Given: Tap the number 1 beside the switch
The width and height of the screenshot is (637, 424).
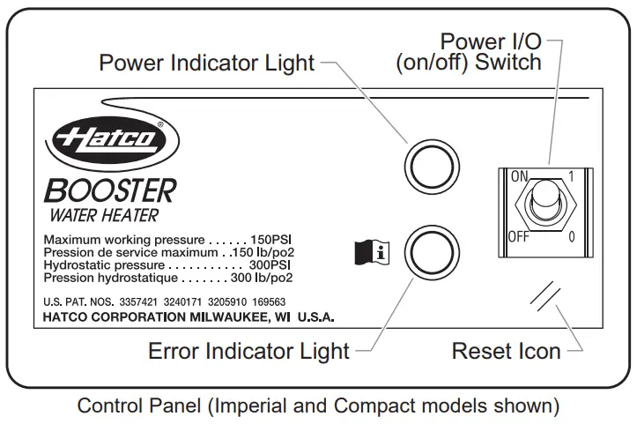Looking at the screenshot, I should [572, 176].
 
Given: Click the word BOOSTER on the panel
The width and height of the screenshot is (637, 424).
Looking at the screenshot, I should [110, 190].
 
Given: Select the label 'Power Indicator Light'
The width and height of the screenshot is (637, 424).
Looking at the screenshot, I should [206, 63].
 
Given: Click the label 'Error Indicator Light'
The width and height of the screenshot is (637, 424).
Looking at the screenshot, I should [249, 351].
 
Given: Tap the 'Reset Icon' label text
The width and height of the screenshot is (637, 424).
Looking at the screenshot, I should [506, 351].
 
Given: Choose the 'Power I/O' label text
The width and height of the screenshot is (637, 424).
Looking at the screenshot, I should [491, 41].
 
